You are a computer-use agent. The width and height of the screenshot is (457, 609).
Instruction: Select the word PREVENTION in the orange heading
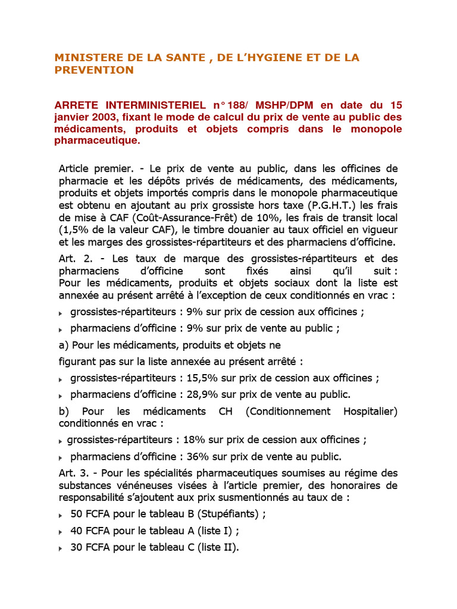point(94,70)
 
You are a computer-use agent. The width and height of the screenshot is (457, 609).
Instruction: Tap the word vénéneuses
point(162,485)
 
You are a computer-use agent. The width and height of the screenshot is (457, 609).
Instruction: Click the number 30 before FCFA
point(76,548)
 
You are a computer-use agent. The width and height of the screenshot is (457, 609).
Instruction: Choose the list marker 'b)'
point(64,412)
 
